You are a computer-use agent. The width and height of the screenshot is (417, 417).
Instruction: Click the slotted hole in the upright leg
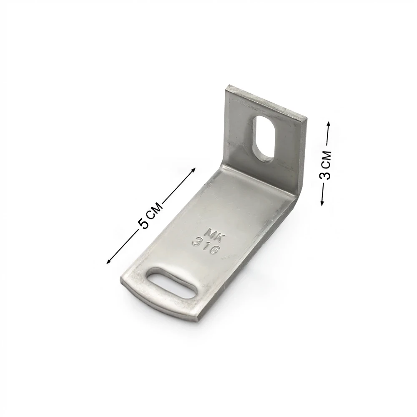coord(263,138)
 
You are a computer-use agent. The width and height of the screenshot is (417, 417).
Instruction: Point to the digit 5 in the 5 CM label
coord(143,224)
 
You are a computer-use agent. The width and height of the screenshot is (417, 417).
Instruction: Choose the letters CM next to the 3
coord(327,159)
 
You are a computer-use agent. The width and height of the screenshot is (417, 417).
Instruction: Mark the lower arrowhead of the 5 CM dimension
coord(108,262)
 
